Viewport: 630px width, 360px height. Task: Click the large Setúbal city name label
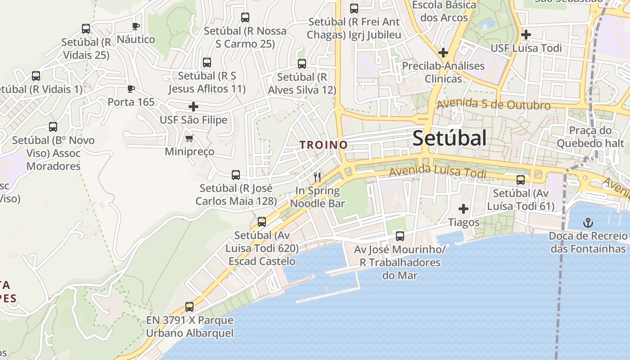click(449, 138)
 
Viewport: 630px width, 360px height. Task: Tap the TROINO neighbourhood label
click(324, 145)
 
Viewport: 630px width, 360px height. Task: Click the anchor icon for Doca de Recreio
click(587, 222)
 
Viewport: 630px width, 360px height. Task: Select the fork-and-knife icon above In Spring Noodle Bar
click(317, 177)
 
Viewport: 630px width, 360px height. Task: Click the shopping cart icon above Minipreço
click(189, 138)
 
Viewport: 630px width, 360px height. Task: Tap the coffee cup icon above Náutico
click(135, 26)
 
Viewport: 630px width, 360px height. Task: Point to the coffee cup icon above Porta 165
click(130, 89)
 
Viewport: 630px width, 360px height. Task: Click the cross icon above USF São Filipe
click(193, 107)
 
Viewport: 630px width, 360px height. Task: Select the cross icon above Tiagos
click(463, 209)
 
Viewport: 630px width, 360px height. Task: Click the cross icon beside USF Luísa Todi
click(526, 34)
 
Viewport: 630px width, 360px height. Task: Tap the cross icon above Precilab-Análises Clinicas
click(443, 52)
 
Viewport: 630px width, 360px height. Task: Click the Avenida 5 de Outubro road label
click(494, 104)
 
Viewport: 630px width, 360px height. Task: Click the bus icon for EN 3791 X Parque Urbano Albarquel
click(189, 307)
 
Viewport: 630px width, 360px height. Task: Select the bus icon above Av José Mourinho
click(400, 236)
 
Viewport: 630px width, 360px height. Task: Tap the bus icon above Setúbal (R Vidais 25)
click(86, 29)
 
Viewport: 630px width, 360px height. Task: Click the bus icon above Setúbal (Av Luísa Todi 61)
click(521, 180)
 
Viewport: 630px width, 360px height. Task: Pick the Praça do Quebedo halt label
click(590, 137)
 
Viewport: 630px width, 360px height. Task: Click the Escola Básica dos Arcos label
click(444, 12)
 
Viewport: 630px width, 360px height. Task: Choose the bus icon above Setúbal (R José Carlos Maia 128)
click(235, 175)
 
